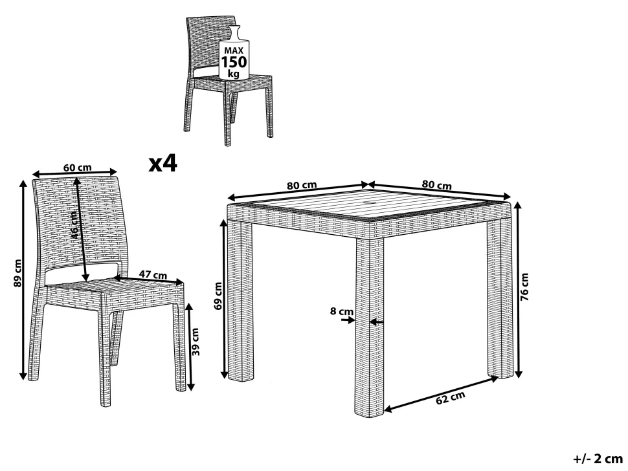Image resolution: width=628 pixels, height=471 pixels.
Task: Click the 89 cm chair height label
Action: click(x=17, y=273)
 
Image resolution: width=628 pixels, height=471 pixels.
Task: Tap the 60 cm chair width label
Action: click(x=77, y=168)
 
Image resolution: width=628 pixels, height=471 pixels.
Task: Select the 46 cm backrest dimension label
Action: click(x=75, y=225)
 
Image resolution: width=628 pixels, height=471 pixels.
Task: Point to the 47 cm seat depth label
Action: click(x=153, y=275)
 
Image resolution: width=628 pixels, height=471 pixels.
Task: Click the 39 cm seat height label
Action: click(x=195, y=342)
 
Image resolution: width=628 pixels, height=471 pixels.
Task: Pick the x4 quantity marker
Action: click(x=163, y=163)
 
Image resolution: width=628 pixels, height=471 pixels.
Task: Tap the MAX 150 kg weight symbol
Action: click(x=234, y=52)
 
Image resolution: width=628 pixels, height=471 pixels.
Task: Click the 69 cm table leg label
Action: click(x=218, y=296)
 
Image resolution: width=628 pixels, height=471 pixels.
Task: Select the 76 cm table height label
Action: click(x=524, y=287)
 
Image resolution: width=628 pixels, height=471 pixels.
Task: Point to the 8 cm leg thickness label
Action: click(x=342, y=311)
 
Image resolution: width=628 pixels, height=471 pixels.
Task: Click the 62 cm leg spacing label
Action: click(x=451, y=397)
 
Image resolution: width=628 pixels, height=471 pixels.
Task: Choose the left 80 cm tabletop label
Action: click(x=302, y=185)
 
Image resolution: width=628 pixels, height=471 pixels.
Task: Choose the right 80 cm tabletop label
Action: click(x=436, y=185)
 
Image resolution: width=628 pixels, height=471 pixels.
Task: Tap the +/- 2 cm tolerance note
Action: click(x=598, y=459)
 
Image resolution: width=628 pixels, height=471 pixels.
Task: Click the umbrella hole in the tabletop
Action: click(x=367, y=204)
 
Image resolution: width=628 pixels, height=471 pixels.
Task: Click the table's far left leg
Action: click(x=240, y=300)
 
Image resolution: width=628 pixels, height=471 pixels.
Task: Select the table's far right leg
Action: click(x=500, y=296)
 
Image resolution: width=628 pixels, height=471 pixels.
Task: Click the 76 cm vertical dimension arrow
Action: click(x=518, y=290)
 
